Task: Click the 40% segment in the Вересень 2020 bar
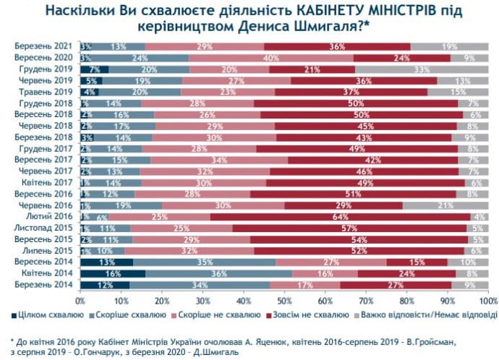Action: click(x=272, y=58)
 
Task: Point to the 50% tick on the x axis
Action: click(x=284, y=299)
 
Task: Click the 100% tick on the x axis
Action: click(x=487, y=299)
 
